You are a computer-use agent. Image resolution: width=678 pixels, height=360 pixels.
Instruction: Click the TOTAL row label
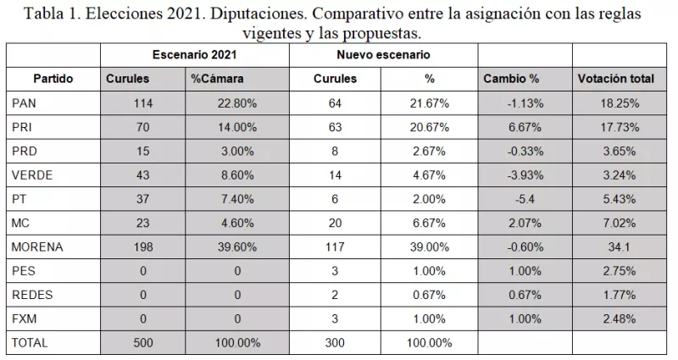click(x=31, y=344)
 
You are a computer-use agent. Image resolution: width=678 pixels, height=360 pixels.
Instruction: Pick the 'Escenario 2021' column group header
click(x=194, y=54)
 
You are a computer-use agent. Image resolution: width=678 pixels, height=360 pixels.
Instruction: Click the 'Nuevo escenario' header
click(x=383, y=54)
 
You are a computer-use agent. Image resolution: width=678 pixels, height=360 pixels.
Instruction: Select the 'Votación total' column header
click(x=615, y=79)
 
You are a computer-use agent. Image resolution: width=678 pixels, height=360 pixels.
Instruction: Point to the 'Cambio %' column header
click(x=511, y=79)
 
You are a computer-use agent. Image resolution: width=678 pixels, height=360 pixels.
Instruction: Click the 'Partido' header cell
click(x=53, y=79)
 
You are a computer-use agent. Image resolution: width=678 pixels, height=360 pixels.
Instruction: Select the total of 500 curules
click(x=142, y=344)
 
